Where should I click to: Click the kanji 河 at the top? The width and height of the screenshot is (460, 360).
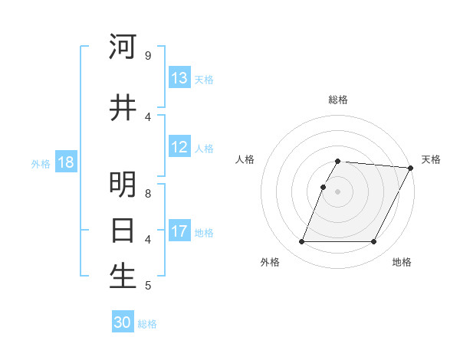coord(123,47)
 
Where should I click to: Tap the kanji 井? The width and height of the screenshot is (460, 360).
coord(123,107)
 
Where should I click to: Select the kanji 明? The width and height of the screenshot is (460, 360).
coord(123,185)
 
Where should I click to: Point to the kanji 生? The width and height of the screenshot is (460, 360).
coord(123,277)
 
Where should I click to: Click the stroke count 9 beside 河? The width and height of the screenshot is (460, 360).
coord(147,56)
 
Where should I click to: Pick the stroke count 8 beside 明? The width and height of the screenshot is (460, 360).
coord(147,193)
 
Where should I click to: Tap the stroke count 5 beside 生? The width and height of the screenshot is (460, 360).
coord(147,286)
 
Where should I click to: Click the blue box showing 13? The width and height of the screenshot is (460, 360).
coord(179,78)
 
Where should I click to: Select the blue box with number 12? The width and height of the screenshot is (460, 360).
coord(179,147)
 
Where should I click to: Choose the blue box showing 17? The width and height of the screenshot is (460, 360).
coord(179,231)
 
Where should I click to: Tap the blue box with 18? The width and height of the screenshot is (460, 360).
coord(65,162)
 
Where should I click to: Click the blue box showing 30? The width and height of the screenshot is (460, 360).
coord(123,322)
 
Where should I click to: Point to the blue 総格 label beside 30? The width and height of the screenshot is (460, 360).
coord(147,324)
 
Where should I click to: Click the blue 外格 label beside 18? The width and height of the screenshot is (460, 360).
coord(41,163)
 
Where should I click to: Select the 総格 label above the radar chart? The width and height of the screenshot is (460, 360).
coord(338,100)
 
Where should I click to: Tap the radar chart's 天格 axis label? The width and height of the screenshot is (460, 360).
coord(431,159)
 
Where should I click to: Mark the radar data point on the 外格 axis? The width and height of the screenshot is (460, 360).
coord(302,242)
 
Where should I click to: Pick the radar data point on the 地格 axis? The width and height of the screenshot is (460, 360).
coord(374,242)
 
